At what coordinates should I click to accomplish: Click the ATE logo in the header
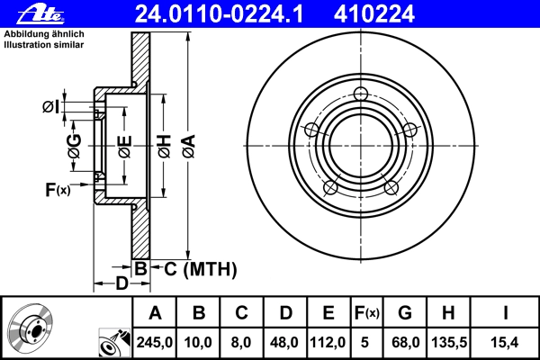click(40, 14)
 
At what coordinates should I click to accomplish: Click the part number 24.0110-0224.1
click(219, 14)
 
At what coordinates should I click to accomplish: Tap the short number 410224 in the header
click(373, 14)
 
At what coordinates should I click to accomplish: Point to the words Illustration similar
click(44, 45)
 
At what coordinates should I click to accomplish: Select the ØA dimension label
click(189, 147)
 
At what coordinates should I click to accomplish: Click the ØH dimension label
click(165, 147)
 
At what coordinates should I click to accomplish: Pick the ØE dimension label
click(125, 147)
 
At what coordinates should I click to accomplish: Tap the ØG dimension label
click(75, 146)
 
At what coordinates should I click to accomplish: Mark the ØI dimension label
click(51, 107)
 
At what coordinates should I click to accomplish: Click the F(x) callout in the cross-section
click(58, 189)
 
